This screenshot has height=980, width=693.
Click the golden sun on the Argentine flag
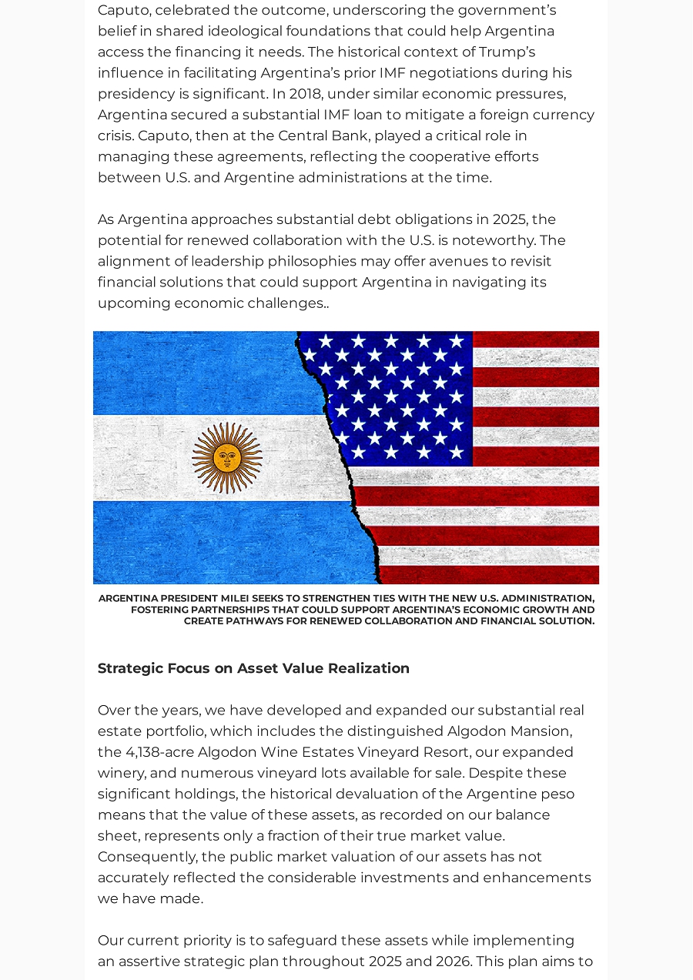tap(227, 457)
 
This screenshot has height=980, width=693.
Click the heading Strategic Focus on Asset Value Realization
tap(253, 668)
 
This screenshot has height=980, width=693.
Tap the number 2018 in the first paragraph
tap(306, 94)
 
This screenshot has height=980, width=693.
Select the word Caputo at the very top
tap(124, 11)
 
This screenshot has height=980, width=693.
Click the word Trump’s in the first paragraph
tap(507, 52)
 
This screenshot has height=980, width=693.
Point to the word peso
tap(557, 794)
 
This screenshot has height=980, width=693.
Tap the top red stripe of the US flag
tap(535, 339)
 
